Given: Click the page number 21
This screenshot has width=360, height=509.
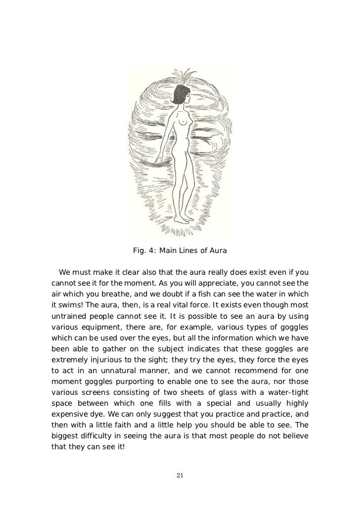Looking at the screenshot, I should click(180, 475).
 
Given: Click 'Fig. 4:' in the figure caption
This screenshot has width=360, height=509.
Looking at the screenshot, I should click(144, 251).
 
